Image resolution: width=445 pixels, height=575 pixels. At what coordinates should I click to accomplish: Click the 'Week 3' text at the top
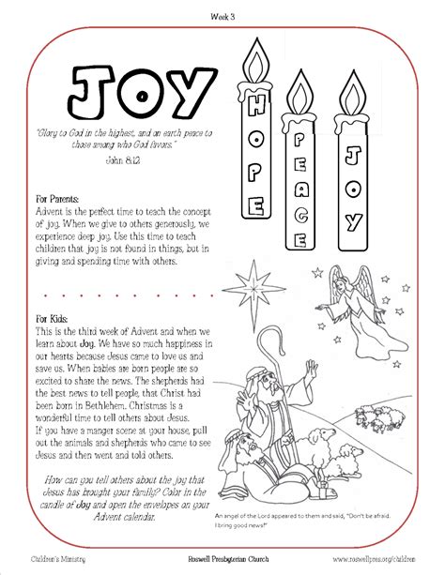[222, 16]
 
